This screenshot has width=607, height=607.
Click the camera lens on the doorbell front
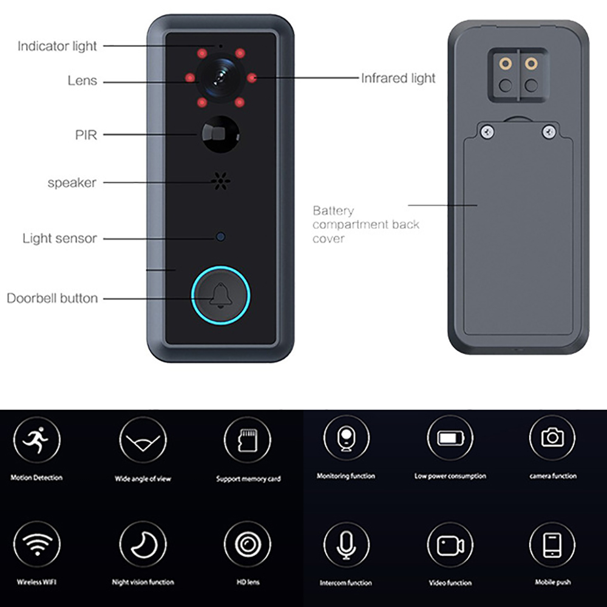220,78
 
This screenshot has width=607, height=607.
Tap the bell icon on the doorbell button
221,296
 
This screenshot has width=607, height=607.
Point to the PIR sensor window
220,134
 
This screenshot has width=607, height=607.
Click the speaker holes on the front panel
221,181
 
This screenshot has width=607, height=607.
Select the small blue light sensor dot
220,237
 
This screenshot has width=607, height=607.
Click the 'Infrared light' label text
398,78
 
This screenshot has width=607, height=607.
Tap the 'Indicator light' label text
57,46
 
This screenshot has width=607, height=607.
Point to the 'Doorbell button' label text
52,298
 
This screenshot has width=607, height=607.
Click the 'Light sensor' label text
59,238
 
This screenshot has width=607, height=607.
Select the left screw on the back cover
487,132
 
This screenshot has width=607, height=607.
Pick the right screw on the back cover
549,132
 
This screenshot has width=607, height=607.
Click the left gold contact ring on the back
505,64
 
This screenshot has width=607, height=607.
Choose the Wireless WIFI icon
37,544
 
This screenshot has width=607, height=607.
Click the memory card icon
248,439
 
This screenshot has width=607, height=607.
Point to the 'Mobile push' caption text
552,582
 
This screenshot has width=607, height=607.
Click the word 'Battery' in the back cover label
333,211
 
